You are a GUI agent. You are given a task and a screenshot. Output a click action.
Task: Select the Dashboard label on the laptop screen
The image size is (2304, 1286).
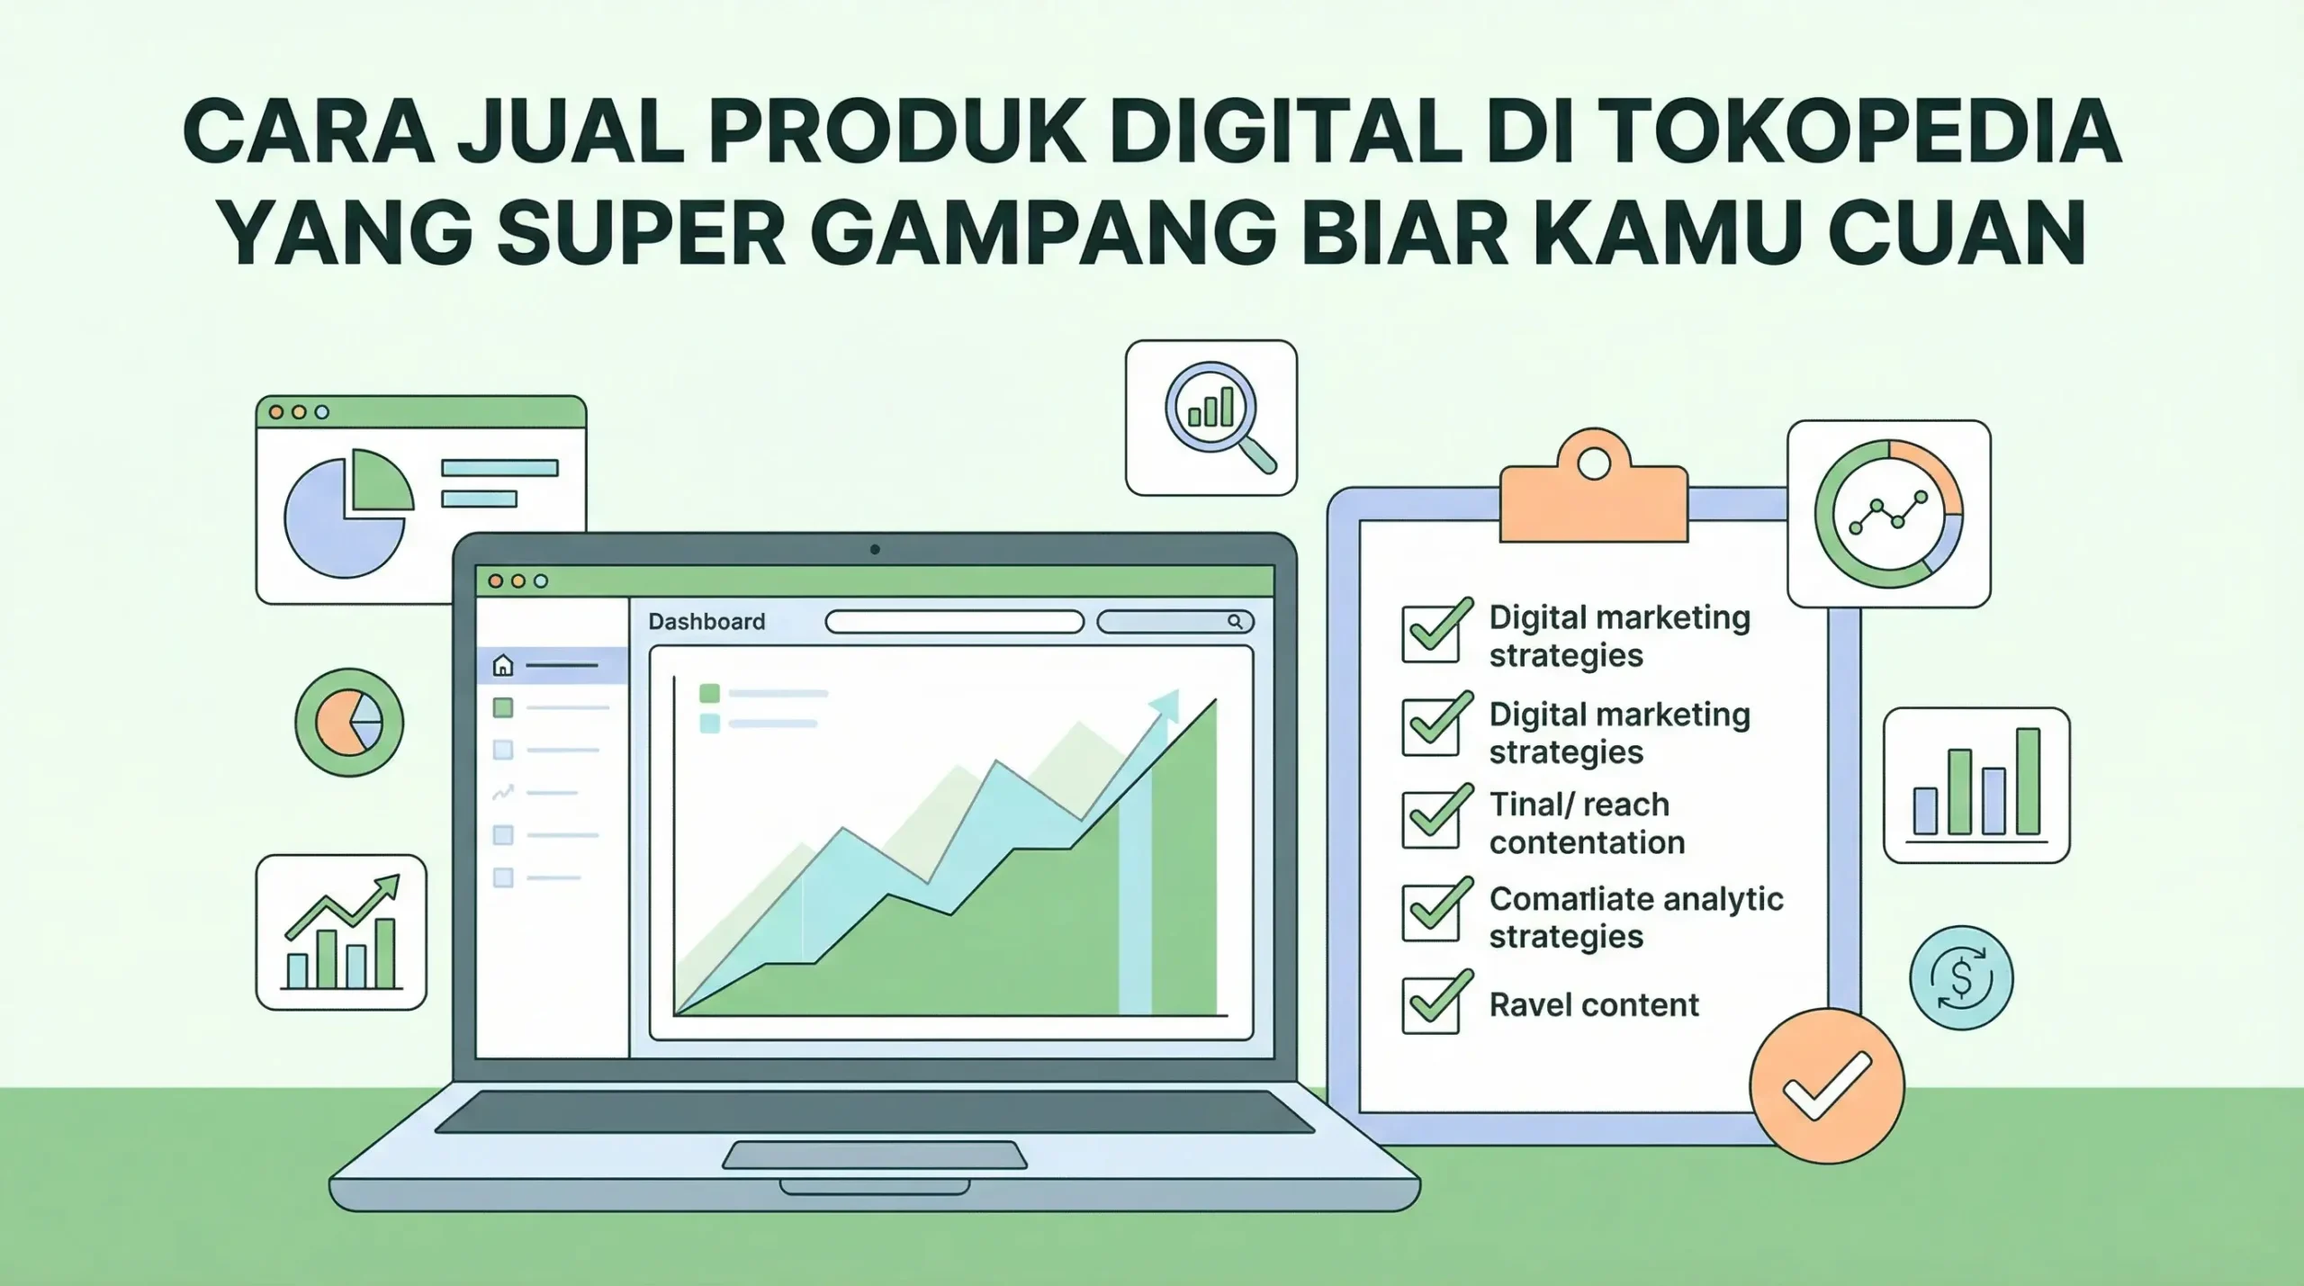[706, 622]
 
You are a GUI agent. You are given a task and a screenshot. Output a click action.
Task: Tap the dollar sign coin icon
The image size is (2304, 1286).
[1961, 978]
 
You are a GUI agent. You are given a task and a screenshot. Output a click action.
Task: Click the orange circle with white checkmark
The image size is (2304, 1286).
[1827, 1085]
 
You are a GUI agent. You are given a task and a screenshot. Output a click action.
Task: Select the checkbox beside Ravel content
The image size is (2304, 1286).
[1431, 1004]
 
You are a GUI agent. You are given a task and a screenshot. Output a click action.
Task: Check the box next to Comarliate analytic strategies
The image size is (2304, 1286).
[1431, 911]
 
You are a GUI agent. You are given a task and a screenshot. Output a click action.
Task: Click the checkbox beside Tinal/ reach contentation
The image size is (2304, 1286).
[1431, 818]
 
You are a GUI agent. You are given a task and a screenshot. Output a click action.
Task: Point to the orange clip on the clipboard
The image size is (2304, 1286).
[1593, 490]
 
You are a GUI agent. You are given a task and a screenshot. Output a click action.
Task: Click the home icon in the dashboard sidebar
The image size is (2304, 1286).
[503, 666]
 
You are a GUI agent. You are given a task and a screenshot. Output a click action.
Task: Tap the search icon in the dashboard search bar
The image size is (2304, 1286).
[1235, 622]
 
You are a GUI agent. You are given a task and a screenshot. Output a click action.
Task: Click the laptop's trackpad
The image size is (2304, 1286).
[875, 1156]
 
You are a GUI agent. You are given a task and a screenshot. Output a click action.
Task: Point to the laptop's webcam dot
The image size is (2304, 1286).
[875, 549]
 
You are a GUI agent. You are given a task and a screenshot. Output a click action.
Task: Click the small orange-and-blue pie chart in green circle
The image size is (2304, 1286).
[349, 722]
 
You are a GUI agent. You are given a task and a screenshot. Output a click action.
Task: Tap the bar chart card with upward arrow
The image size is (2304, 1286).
[341, 932]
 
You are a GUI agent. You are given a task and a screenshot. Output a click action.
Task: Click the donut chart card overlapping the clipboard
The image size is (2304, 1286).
[1888, 514]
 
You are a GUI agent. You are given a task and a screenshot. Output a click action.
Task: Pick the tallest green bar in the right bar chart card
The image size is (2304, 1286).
[2028, 780]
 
